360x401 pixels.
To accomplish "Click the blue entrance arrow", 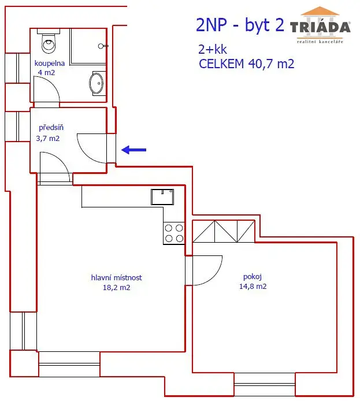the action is click(133, 150).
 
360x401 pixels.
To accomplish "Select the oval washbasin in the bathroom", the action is click(97, 83).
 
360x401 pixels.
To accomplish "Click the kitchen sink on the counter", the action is click(162, 197).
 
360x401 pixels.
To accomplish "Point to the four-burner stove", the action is click(174, 233).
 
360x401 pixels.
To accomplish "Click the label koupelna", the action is click(50, 63).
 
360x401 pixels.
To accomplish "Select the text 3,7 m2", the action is click(48, 139).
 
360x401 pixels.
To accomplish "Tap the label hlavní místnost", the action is click(116, 277).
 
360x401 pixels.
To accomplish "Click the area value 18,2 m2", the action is click(116, 287).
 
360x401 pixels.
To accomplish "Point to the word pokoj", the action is click(253, 277).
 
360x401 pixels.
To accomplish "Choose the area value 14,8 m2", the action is click(253, 286).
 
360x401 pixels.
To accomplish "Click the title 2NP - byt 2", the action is click(240, 25).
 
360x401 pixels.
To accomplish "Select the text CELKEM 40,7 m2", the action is click(247, 64).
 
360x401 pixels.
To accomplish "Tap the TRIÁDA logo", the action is click(320, 25).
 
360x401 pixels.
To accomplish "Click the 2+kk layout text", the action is click(213, 49).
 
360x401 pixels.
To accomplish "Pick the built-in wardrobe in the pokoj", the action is click(224, 231).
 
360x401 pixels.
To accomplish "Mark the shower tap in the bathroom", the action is click(103, 46).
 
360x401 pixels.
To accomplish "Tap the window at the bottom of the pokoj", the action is click(265, 384).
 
